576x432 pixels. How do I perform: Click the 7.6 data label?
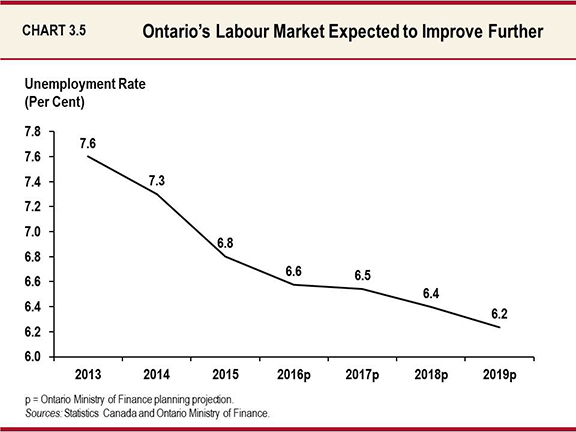pos(89,143)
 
